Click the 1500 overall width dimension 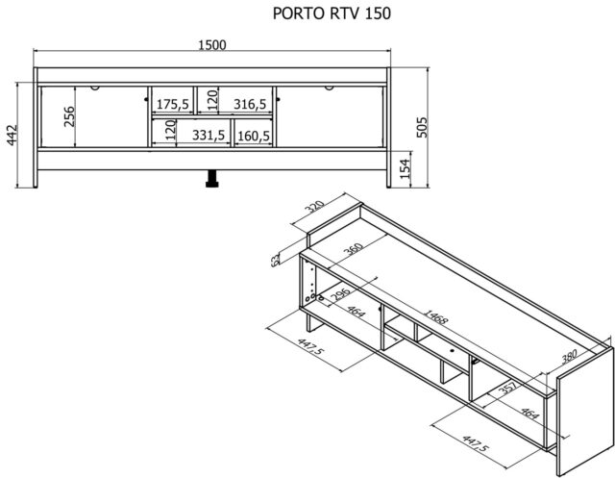211,45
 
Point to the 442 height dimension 12,136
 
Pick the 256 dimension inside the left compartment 69,115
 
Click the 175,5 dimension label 173,103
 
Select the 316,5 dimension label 249,103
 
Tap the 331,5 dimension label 208,136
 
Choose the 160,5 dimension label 253,136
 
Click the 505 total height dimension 421,126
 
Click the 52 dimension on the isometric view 275,258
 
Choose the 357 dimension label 510,385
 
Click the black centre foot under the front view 211,180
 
